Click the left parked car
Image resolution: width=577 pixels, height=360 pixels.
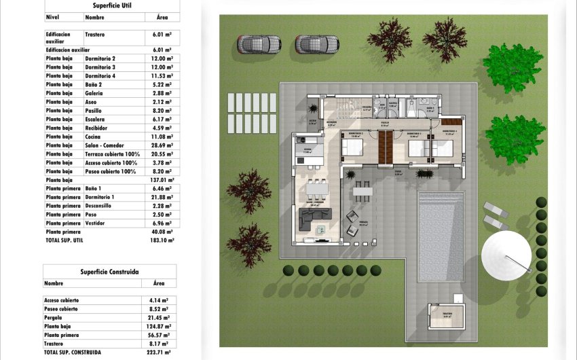pos(259,44)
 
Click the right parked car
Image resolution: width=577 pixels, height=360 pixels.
pos(317,44)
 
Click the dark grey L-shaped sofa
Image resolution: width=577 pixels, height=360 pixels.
pos(316,219)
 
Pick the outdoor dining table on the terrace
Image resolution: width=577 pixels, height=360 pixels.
pos(362,192)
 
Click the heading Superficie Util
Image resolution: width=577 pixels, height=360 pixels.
pos(112,5)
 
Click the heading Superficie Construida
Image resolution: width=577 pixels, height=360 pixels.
pos(109,271)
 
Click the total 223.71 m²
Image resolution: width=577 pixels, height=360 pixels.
pos(160,353)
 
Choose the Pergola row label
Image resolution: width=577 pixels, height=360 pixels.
pos(53,317)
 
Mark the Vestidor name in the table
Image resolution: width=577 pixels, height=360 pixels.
pos(96,223)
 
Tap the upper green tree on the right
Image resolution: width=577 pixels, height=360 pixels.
pos(513,68)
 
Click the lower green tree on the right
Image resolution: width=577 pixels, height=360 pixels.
pos(515,138)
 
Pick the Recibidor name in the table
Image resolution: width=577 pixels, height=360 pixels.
pos(98,128)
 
